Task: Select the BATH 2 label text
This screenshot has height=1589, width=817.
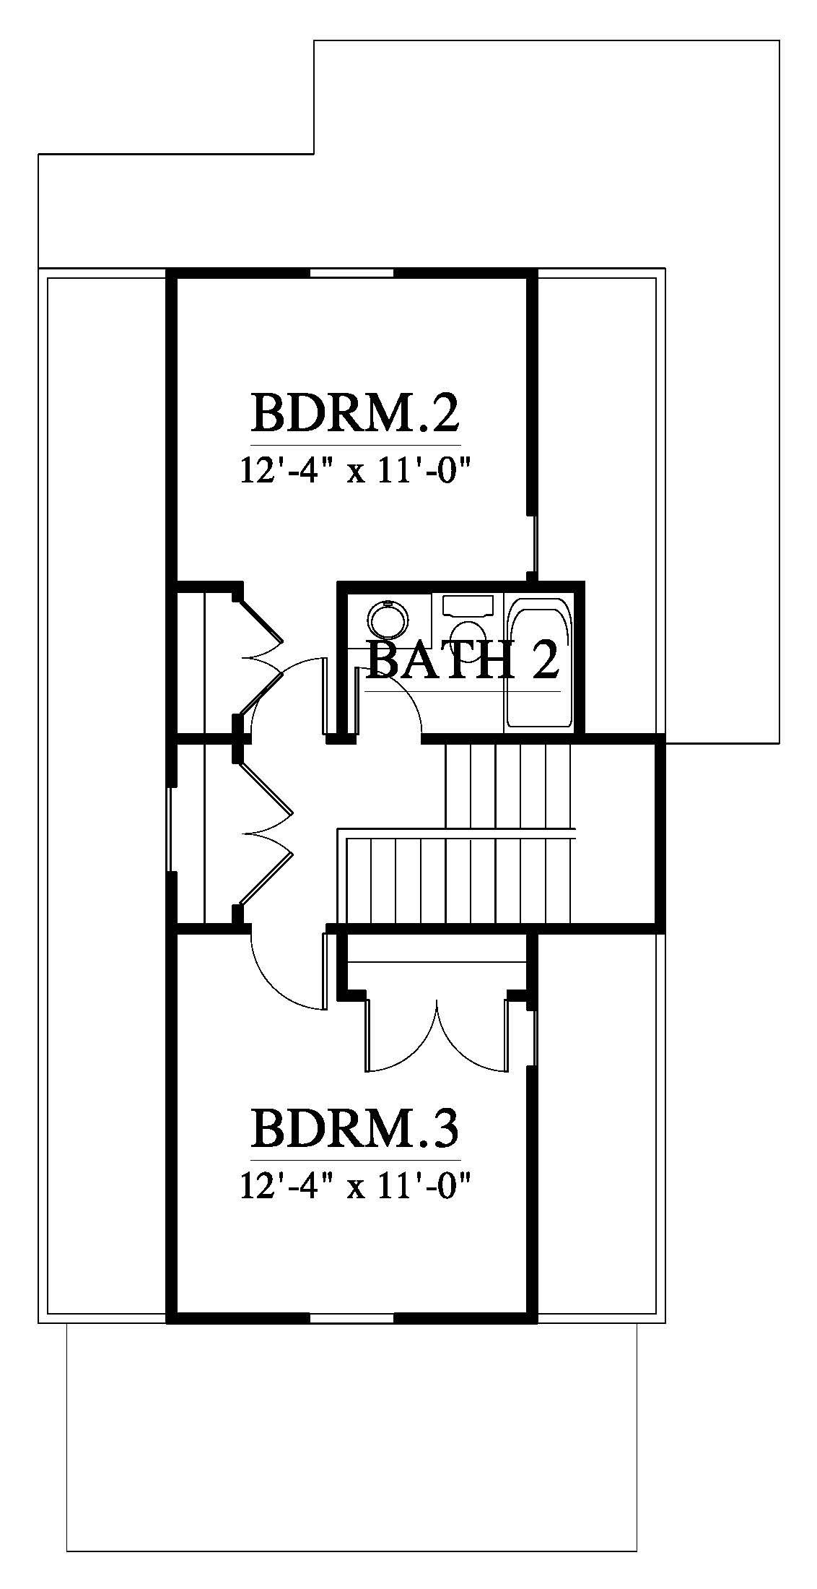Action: click(x=463, y=660)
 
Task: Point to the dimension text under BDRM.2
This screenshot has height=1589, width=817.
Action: click(x=355, y=474)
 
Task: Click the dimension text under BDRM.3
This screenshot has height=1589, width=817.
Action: click(x=355, y=1186)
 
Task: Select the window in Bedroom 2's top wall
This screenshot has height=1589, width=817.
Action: click(x=352, y=274)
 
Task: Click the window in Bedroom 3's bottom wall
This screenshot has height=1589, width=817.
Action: click(x=352, y=1318)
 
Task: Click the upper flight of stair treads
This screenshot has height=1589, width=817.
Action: click(x=508, y=787)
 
